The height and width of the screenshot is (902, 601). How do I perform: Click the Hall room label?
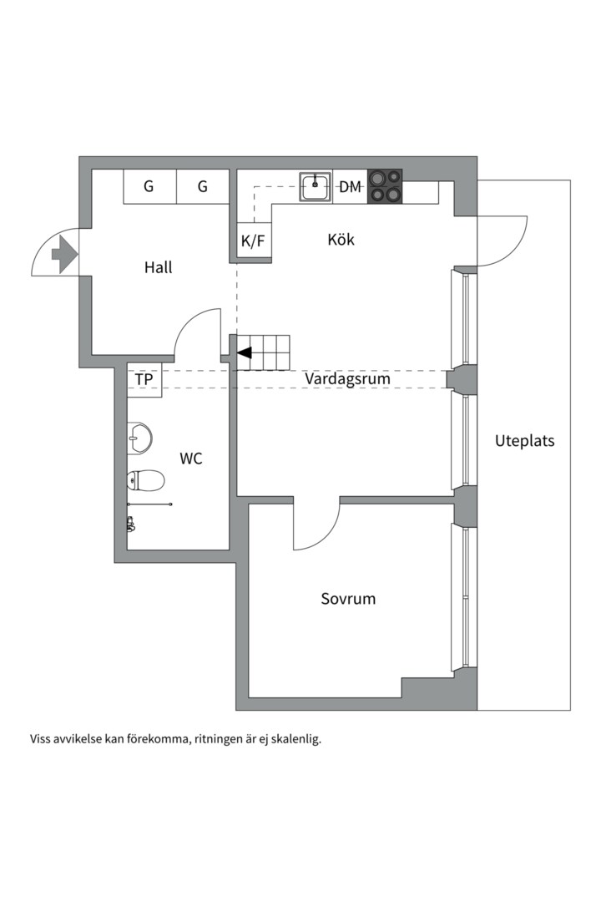pos(158,267)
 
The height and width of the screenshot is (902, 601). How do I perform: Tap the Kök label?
pos(341,239)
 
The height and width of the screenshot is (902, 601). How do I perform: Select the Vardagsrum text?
pos(347,378)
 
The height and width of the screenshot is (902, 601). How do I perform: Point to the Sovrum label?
pos(348,598)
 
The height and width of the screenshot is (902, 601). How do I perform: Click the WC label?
pos(191,459)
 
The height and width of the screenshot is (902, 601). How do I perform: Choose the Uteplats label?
pos(524,441)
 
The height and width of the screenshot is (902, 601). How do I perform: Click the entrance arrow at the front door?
pos(63,254)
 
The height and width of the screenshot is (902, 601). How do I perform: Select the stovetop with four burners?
pos(385,185)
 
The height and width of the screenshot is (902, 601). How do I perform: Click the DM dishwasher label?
pos(351,186)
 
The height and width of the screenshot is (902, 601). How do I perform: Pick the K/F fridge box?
pos(253,241)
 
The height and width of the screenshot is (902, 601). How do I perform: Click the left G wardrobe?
pos(149,186)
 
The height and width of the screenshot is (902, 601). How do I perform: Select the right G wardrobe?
pos(203,186)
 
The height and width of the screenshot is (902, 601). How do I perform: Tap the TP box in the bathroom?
pos(144,380)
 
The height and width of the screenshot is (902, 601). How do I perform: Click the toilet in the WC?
pos(145,479)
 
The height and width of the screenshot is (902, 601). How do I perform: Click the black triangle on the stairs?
pos(245,352)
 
